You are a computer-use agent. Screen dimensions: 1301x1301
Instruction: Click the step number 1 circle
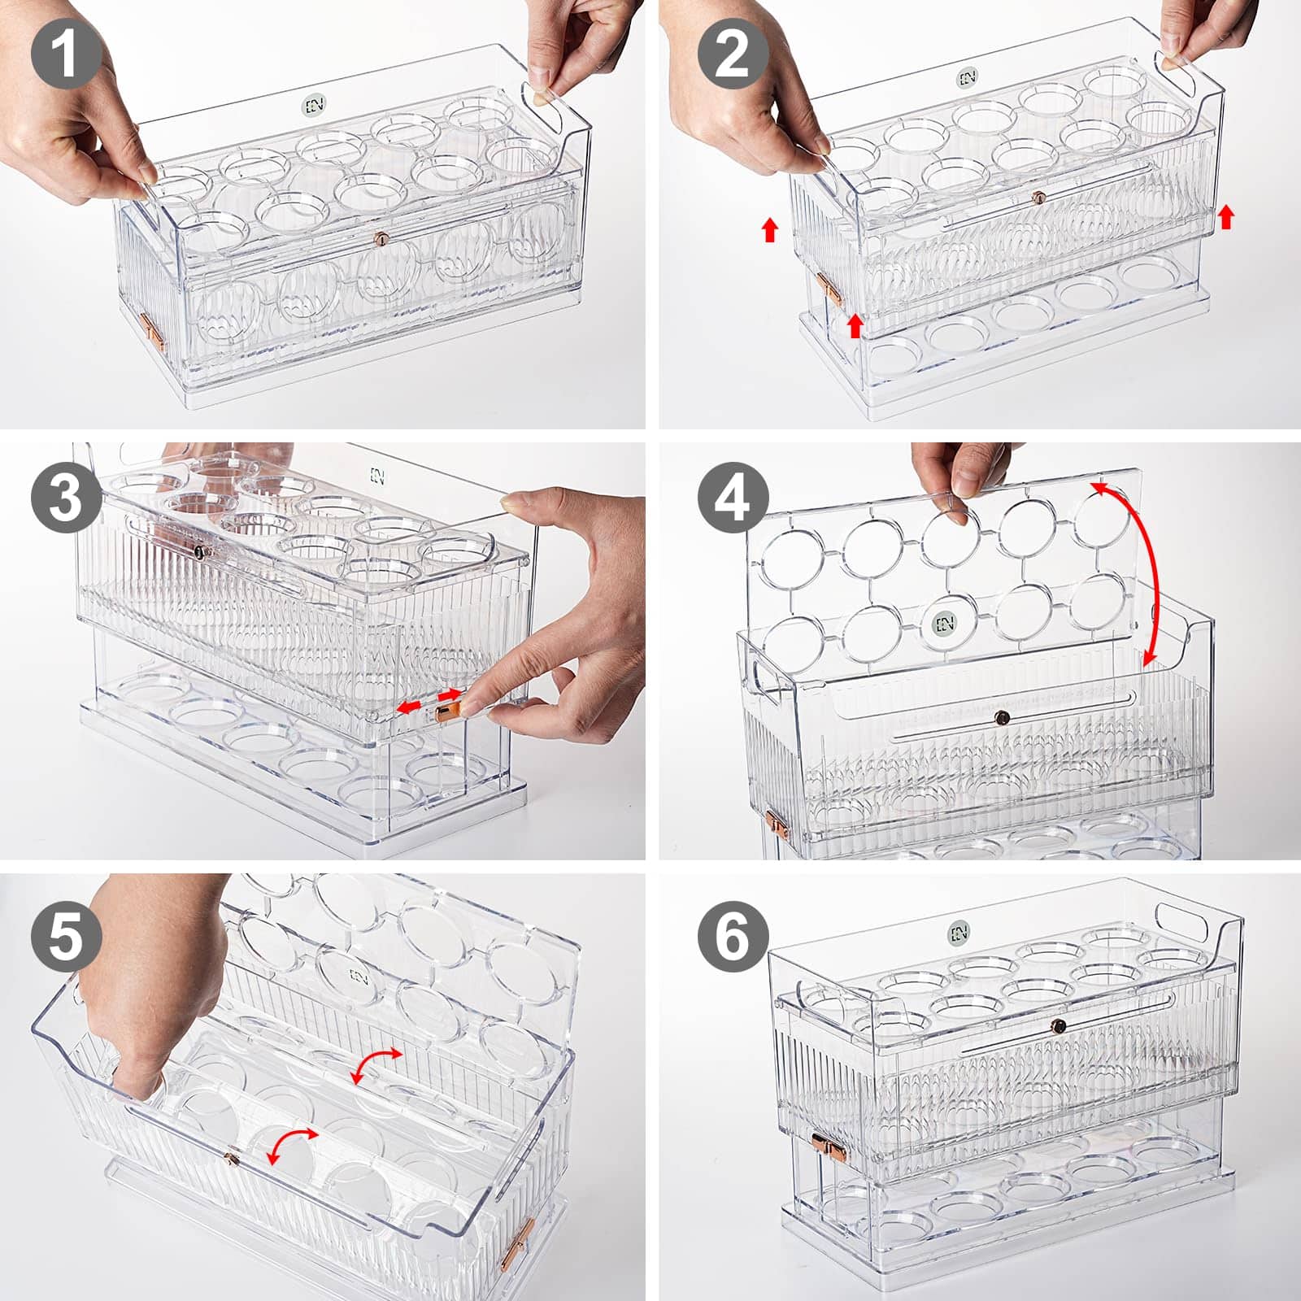tap(66, 54)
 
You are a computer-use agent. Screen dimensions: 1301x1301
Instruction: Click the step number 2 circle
tap(733, 54)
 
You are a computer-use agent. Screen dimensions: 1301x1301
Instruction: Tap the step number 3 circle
tap(66, 498)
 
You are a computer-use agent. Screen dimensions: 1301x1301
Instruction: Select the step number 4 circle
tap(733, 498)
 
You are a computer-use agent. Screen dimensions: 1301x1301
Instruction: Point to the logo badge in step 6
tap(960, 932)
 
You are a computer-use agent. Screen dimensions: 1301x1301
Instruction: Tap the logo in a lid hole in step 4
tap(945, 623)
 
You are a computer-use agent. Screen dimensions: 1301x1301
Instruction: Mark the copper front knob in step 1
tap(380, 238)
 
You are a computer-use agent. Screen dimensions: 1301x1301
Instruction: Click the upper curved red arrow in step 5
tap(376, 1063)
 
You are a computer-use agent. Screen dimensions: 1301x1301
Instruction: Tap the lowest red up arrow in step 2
tap(854, 326)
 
